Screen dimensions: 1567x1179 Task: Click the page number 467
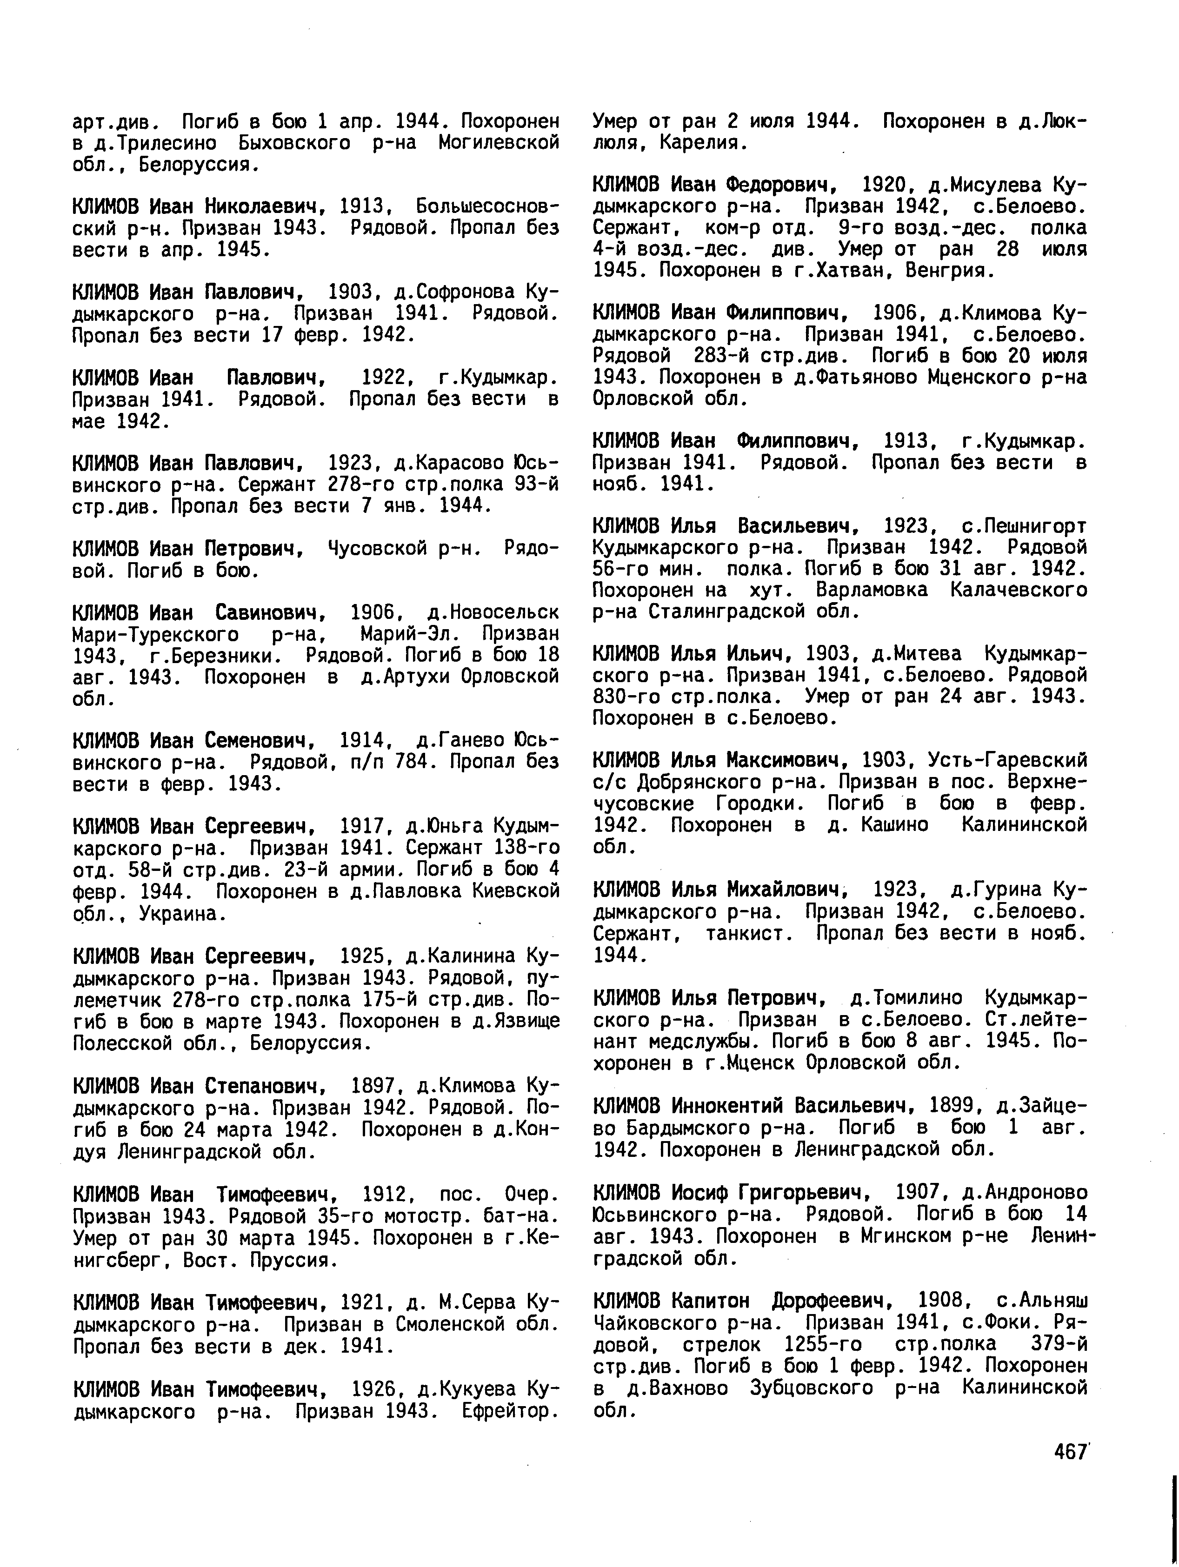[x=1070, y=1452]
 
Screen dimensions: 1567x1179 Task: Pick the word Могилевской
[x=499, y=143]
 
